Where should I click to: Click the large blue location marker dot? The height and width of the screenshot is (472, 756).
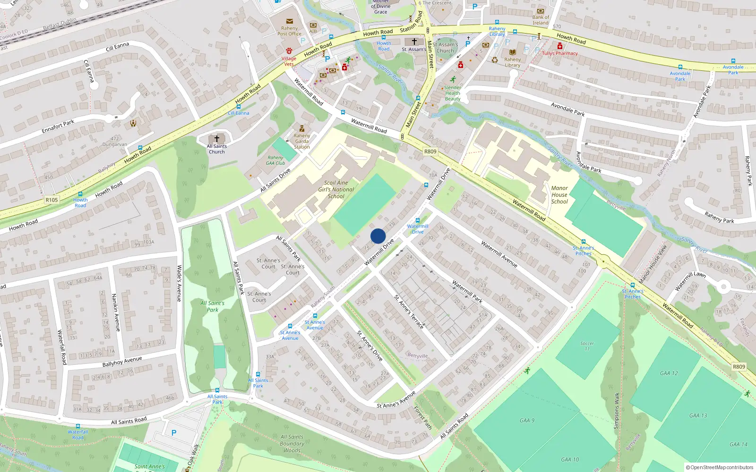pyautogui.click(x=378, y=236)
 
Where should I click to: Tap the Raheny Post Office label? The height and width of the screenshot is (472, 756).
pyautogui.click(x=289, y=31)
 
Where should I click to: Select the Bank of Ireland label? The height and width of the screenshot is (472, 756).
pyautogui.click(x=541, y=20)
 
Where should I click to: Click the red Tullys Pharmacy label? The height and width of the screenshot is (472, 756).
pyautogui.click(x=560, y=53)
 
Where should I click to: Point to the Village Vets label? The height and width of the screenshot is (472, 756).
pyautogui.click(x=289, y=61)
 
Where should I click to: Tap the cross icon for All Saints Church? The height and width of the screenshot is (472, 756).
pyautogui.click(x=217, y=139)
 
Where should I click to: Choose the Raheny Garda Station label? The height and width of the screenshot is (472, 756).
pyautogui.click(x=302, y=141)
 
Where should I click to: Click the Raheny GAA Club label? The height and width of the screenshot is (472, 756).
pyautogui.click(x=275, y=160)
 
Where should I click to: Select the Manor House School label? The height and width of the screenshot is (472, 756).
pyautogui.click(x=559, y=194)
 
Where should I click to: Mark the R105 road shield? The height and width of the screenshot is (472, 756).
pyautogui.click(x=52, y=200)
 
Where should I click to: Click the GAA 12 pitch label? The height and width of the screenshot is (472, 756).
pyautogui.click(x=669, y=373)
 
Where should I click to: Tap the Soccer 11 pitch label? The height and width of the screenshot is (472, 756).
pyautogui.click(x=587, y=346)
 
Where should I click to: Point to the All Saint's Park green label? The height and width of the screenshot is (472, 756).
pyautogui.click(x=213, y=306)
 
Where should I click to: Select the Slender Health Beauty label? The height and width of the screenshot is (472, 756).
pyautogui.click(x=452, y=93)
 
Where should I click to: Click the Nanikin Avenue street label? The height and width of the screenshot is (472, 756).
pyautogui.click(x=115, y=312)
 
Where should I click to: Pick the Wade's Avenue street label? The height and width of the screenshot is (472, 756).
pyautogui.click(x=179, y=283)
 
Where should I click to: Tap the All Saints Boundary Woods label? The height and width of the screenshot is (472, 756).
pyautogui.click(x=292, y=444)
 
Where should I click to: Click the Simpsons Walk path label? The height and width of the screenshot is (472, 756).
pyautogui.click(x=617, y=411)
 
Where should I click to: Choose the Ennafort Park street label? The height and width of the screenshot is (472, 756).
pyautogui.click(x=58, y=126)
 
